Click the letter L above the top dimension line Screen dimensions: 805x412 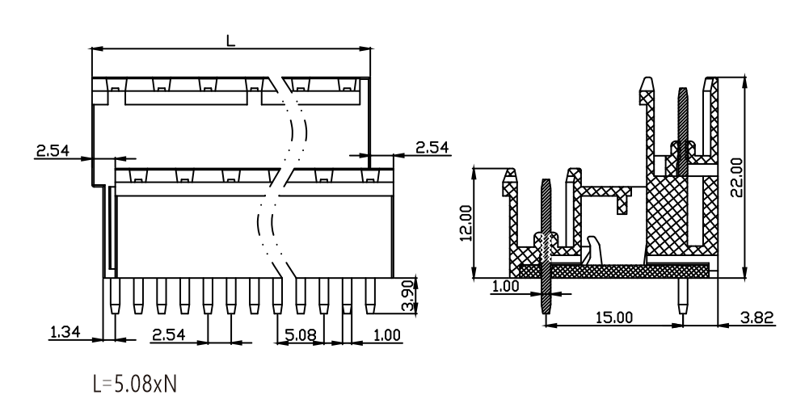[x=231, y=40]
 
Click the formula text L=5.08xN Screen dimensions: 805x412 [x=135, y=384]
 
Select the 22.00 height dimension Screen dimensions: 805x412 [x=736, y=177]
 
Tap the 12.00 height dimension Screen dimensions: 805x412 [x=466, y=224]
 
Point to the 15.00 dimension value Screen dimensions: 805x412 [x=614, y=317]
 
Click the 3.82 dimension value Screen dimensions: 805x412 [x=757, y=317]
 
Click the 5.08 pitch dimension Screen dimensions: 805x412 [x=301, y=335]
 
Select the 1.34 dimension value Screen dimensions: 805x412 [x=65, y=333]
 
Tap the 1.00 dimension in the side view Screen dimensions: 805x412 [x=506, y=286]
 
